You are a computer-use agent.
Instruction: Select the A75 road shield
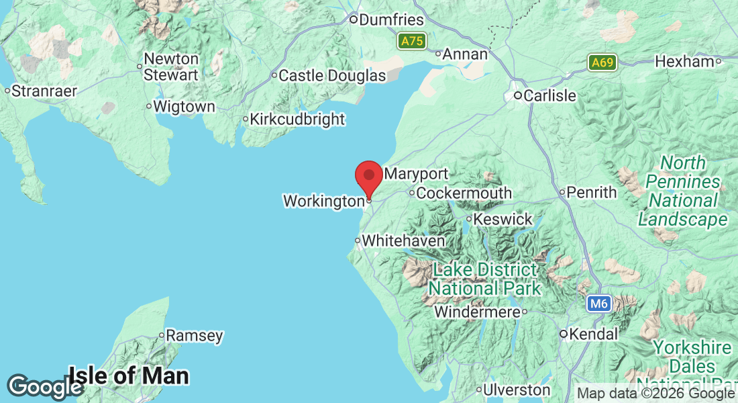click(411, 42)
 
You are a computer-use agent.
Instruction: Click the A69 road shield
click(602, 63)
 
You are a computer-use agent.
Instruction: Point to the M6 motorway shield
click(598, 304)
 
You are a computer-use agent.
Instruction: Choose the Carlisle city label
click(549, 96)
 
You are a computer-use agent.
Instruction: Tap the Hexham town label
click(684, 61)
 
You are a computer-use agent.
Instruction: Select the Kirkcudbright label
click(297, 120)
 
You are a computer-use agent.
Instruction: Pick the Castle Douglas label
click(332, 76)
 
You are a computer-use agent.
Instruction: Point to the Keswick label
click(503, 219)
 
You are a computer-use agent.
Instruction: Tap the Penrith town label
click(591, 193)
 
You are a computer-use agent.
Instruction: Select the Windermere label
click(477, 312)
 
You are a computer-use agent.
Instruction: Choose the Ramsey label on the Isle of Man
click(194, 335)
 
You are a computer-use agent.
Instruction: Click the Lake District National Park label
click(484, 279)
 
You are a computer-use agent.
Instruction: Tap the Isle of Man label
click(128, 375)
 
